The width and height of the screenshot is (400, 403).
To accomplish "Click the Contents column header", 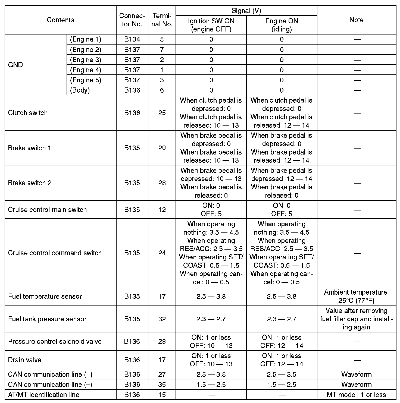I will [60, 20].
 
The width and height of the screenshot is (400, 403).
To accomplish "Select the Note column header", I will [356, 20].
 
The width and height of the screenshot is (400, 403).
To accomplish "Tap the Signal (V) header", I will [246, 11].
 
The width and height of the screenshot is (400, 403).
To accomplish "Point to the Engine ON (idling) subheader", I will [282, 25].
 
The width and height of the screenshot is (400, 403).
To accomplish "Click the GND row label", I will [15, 65].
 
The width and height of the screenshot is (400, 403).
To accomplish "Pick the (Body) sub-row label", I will [80, 90].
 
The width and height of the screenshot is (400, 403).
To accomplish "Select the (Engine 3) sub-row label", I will [86, 60].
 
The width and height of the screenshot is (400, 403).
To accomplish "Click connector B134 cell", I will [132, 39].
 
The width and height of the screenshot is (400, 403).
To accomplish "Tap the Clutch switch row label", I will [28, 113].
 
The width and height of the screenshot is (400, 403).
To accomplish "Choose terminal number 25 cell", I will [162, 113].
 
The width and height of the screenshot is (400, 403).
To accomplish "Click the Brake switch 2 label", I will [30, 183].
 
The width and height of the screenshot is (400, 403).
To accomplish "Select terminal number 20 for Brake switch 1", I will [162, 148].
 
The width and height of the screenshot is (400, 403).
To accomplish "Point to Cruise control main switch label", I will [47, 210].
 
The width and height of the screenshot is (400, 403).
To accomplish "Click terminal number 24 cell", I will [162, 253].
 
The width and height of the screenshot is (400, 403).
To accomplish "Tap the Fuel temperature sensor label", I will [45, 296].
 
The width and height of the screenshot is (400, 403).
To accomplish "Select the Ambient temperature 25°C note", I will [356, 296].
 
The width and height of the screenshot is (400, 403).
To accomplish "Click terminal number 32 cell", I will [162, 319].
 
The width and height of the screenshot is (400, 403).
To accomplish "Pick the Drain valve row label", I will [25, 360].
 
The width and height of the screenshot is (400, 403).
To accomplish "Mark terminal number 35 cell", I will [162, 385].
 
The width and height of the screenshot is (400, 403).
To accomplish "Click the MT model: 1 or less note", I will [356, 395].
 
